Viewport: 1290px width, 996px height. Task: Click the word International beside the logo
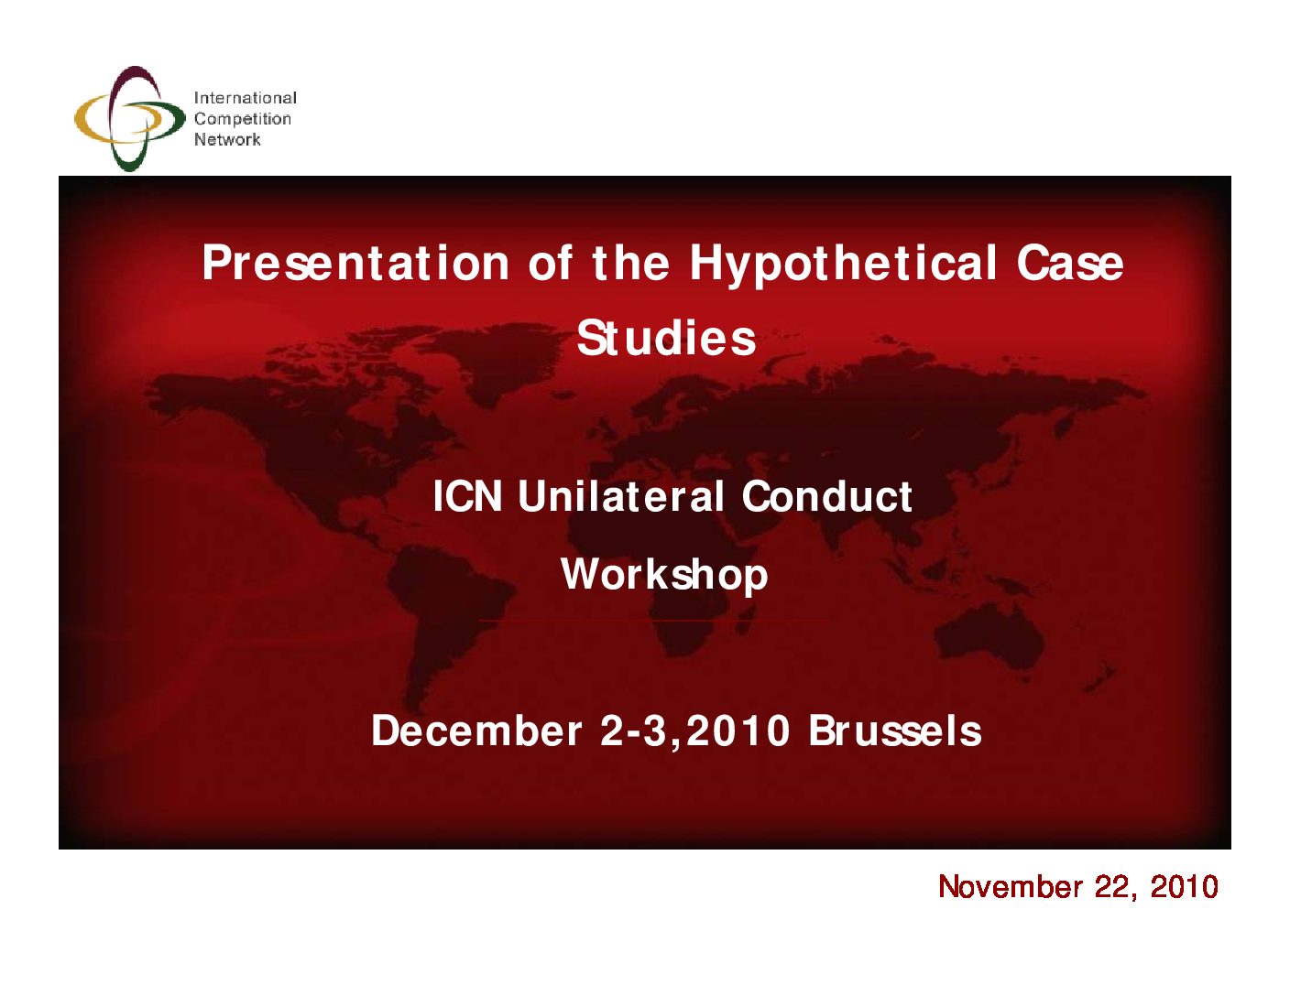pyautogui.click(x=246, y=98)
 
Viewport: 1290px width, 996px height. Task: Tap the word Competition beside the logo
pyautogui.click(x=243, y=120)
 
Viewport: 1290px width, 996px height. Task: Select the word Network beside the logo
pyautogui.click(x=227, y=139)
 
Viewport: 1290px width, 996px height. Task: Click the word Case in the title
pyautogui.click(x=1070, y=263)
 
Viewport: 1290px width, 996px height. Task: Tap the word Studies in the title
pyautogui.click(x=666, y=338)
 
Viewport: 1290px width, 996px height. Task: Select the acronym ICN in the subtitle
pyautogui.click(x=467, y=496)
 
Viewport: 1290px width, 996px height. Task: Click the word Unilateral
pyautogui.click(x=621, y=496)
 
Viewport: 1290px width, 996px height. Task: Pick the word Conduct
pyautogui.click(x=826, y=496)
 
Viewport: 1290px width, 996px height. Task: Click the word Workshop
pyautogui.click(x=664, y=575)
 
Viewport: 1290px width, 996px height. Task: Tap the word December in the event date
pyautogui.click(x=476, y=731)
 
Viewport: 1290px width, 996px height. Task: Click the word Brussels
pyautogui.click(x=894, y=731)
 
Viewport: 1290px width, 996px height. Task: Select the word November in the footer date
pyautogui.click(x=1011, y=887)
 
